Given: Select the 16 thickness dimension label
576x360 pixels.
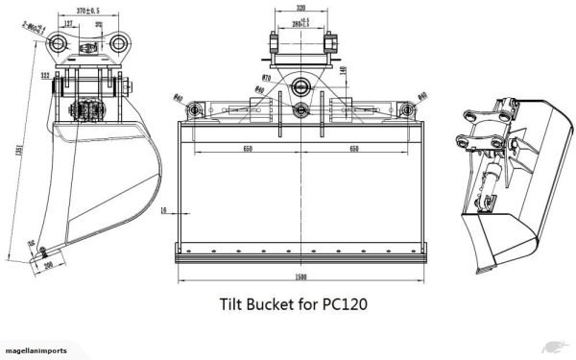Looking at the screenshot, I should [164, 210].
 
